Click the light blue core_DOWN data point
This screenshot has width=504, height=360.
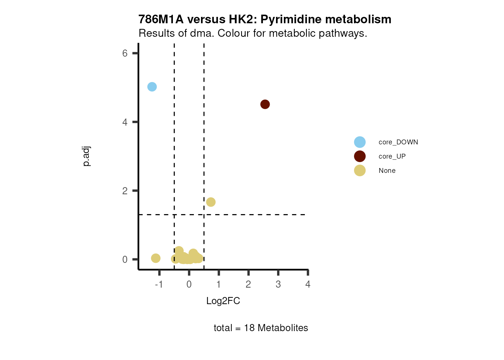[x=152, y=87]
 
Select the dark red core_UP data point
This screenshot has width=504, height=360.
[x=265, y=104]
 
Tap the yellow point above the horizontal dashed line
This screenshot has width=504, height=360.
[x=211, y=202]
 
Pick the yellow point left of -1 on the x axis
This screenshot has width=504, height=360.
[x=156, y=258]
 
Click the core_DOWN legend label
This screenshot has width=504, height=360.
[x=398, y=142]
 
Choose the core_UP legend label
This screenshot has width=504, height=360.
[x=392, y=156]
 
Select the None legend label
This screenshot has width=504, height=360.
[x=387, y=171]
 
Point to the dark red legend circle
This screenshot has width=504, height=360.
[x=360, y=156]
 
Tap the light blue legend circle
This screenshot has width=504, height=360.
[x=360, y=142]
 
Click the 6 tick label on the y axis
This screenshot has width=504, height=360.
[x=125, y=53]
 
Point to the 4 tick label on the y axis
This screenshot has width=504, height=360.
[x=125, y=122]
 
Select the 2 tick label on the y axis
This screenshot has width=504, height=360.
[x=125, y=191]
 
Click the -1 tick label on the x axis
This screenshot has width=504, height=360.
[x=159, y=284]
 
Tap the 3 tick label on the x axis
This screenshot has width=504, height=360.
[x=278, y=284]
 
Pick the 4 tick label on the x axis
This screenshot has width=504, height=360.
[x=308, y=284]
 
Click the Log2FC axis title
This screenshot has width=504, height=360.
[x=223, y=301]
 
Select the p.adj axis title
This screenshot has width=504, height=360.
[x=86, y=156]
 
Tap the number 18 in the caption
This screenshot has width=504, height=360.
[x=249, y=328]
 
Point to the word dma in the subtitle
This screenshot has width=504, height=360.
[x=202, y=33]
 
